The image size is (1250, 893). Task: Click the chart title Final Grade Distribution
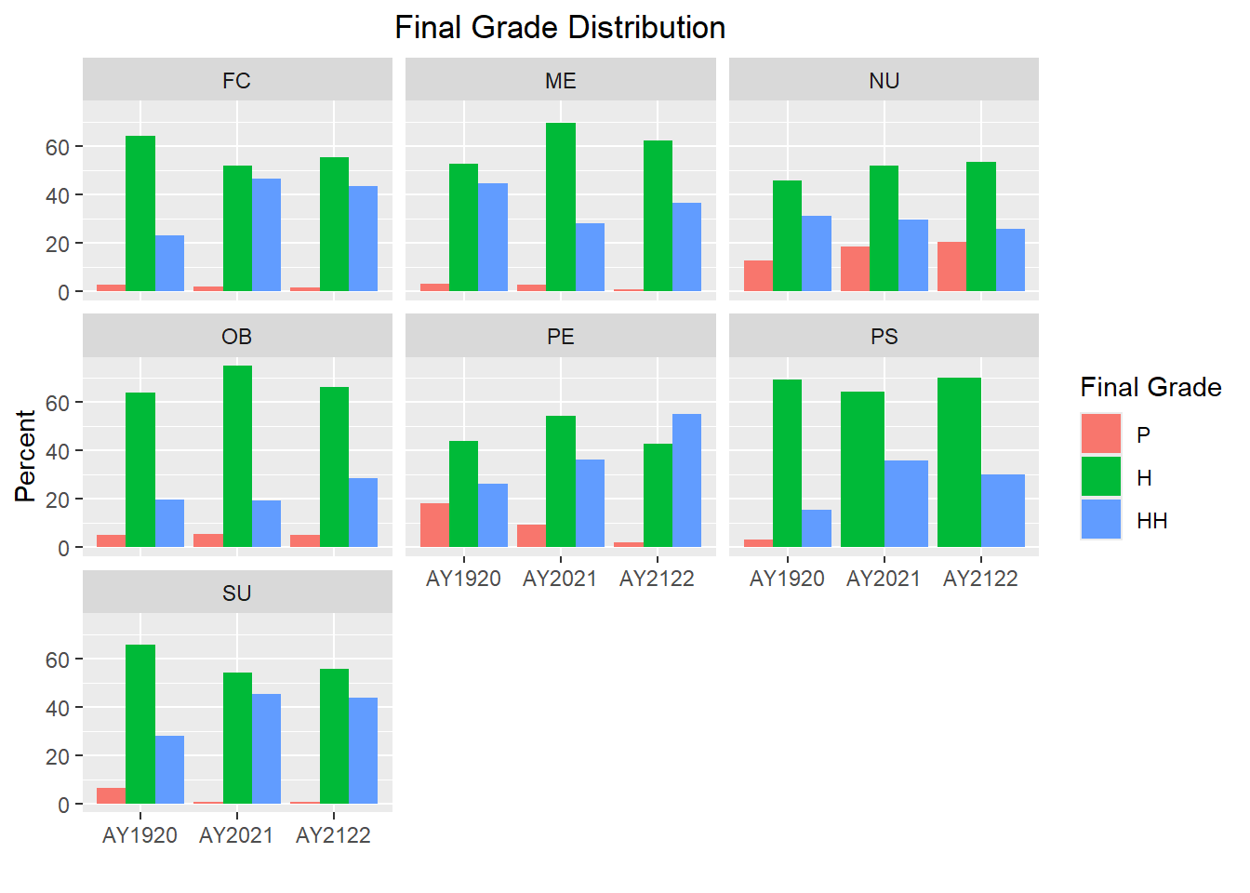coord(560,28)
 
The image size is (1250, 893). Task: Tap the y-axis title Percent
coord(25,456)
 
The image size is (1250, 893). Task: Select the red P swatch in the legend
coord(1101,434)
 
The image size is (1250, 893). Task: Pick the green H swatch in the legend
coord(1101,477)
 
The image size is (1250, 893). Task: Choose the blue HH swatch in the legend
coord(1101,520)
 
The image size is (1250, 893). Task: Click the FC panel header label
coord(236,81)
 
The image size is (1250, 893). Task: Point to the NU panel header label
coord(884,81)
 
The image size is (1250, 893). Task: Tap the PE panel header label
coord(560,337)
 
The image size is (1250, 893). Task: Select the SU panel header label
coord(236,593)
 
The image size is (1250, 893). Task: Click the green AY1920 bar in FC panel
coord(140,214)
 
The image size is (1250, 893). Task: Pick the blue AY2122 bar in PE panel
coord(686,480)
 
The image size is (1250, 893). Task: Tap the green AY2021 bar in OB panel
coord(237,456)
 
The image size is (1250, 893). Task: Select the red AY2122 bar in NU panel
coord(951,267)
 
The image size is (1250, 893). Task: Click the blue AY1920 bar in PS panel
coord(817,528)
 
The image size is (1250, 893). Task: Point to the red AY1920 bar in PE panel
coord(434,525)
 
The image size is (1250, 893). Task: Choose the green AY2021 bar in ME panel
coord(561,207)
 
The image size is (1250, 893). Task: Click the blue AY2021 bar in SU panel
coord(266,749)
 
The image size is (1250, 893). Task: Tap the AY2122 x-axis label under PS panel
coord(980,579)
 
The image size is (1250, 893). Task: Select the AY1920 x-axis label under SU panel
coord(140,835)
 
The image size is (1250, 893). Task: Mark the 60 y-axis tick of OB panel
coord(58,403)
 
